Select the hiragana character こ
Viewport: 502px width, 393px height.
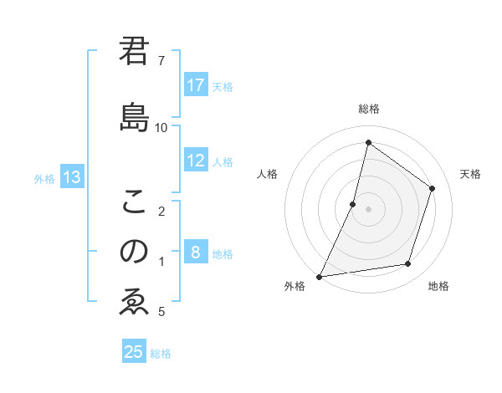135,201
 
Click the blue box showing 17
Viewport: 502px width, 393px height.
196,85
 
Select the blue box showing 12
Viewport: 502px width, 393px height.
196,161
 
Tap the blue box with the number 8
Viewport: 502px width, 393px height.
196,253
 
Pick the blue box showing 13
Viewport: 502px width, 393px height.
71,177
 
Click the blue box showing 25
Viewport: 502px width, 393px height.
134,352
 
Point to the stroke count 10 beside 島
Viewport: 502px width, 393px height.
161,127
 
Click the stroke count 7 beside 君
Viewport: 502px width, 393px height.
161,61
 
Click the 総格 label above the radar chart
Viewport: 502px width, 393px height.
368,109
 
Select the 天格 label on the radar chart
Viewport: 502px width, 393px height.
470,174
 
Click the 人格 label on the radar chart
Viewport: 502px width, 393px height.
267,174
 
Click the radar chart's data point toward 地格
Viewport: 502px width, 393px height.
408,264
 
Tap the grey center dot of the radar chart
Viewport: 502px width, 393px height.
368,209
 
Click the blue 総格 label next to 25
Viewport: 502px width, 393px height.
161,354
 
